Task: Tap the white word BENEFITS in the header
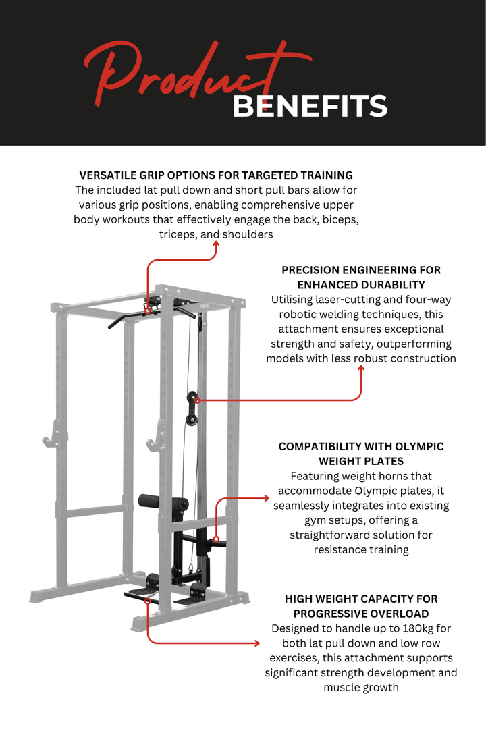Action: click(310, 107)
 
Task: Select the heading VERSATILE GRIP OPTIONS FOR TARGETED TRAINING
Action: click(216, 175)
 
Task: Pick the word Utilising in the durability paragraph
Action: click(294, 300)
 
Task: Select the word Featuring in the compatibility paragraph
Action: click(315, 477)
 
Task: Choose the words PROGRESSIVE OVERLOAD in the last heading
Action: click(361, 614)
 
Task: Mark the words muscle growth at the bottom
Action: click(361, 688)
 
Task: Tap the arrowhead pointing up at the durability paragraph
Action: click(361, 369)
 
